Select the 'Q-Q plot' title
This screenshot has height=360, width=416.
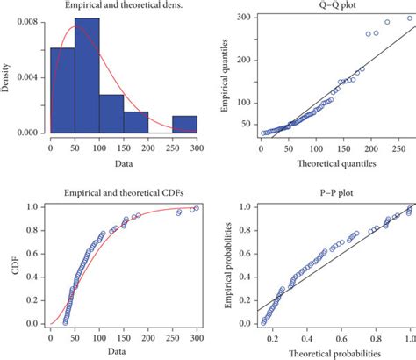click(x=334, y=6)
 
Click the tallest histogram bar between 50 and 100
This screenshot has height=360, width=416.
click(x=86, y=79)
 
